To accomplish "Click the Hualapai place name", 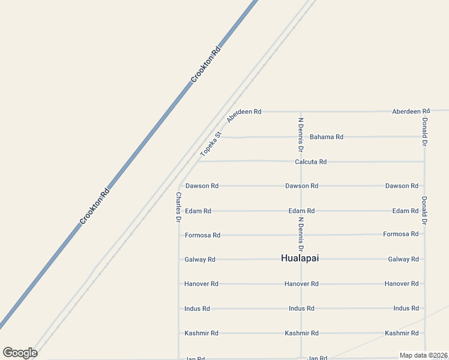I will (x=300, y=258).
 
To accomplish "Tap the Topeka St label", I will (x=211, y=144).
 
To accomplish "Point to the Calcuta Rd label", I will (x=310, y=162).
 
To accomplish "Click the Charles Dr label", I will (x=178, y=208).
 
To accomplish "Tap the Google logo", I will (x=20, y=353).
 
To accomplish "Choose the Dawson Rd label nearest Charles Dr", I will (x=202, y=186).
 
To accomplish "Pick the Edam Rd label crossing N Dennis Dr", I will (x=301, y=211).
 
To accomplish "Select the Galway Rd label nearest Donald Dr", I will (x=403, y=259).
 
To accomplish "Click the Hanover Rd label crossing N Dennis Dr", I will (x=301, y=284).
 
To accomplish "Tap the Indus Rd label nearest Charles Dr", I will (x=197, y=308).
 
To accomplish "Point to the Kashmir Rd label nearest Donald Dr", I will (x=402, y=333).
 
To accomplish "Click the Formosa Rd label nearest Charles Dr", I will (x=202, y=235).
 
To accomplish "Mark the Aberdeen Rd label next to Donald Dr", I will (x=411, y=112).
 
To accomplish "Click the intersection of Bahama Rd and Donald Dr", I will (x=424, y=136).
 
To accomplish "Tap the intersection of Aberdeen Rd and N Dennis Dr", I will (x=301, y=111).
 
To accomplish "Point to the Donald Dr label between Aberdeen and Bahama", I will (x=424, y=131).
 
